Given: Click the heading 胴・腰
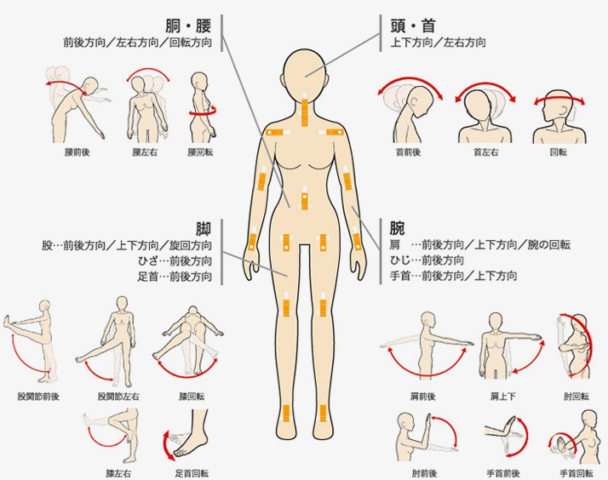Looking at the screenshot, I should point(189,23).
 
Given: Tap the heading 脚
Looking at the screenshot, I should point(204,228).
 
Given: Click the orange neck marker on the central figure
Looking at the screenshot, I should point(304,109).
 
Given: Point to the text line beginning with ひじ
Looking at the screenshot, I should point(427,260).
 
